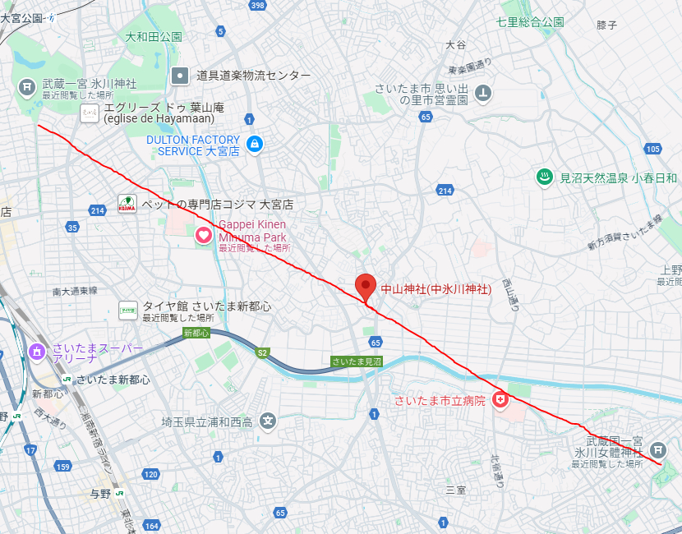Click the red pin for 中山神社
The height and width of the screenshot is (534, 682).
tap(366, 287)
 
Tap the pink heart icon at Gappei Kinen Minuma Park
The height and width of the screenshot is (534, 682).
tap(204, 236)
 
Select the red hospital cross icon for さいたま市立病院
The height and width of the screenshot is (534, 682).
tap(500, 400)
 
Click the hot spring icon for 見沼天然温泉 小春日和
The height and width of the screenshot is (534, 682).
tap(543, 177)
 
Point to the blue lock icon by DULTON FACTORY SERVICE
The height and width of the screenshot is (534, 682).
tap(255, 145)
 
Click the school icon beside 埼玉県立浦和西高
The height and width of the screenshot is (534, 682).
tap(268, 422)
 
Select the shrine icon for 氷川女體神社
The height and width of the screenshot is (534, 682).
tap(657, 449)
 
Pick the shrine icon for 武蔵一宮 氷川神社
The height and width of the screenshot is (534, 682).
tap(27, 85)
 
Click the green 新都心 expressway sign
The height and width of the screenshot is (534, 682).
tap(196, 333)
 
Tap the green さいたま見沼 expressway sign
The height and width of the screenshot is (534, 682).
tap(357, 361)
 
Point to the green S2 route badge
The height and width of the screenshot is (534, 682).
tap(262, 352)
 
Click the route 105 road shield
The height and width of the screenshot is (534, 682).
tap(653, 149)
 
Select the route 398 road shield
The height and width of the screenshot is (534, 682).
tap(258, 6)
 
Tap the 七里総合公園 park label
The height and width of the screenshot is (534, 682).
tap(531, 22)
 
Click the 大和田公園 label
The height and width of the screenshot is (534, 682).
tap(154, 37)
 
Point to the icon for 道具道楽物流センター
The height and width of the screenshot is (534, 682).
tap(180, 76)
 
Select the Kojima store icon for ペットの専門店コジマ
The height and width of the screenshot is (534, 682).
tap(127, 204)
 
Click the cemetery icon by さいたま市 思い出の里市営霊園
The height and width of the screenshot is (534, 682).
tap(484, 92)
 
